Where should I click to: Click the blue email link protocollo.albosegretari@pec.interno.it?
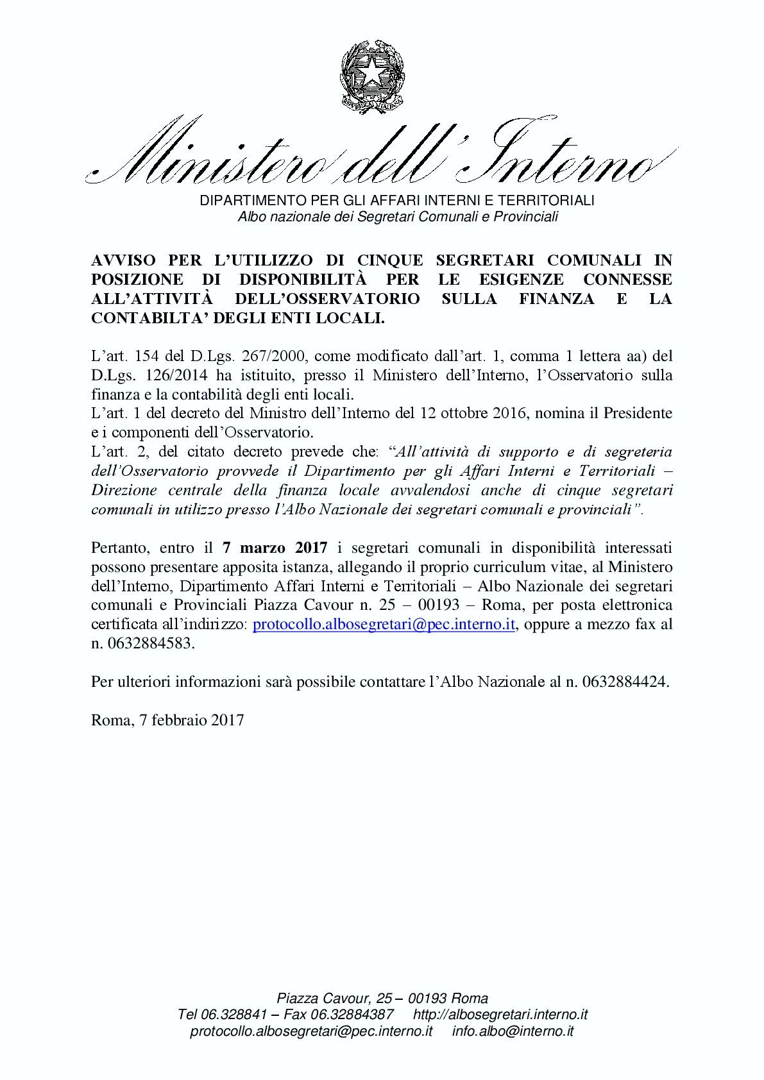384,625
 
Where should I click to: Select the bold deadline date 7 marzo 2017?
275,548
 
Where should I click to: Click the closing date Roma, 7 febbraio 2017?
167,720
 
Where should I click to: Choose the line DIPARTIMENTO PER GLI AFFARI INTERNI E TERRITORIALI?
398,200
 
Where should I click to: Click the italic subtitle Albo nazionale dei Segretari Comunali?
398,217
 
